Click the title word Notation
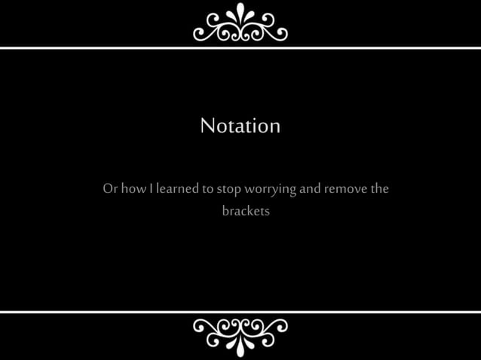click(240, 126)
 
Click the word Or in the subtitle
click(110, 188)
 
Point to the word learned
click(177, 188)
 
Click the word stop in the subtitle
click(229, 189)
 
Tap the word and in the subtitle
click(310, 188)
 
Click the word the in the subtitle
click(379, 188)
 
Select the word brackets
click(246, 211)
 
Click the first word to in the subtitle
click(208, 189)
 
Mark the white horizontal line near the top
click(240, 48)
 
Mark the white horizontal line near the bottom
click(240, 312)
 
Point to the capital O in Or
click(108, 188)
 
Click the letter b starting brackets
click(225, 211)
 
